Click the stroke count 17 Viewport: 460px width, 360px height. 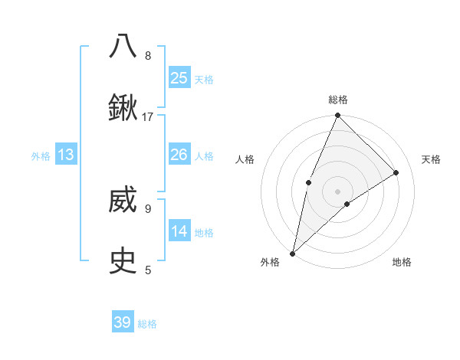point(148,116)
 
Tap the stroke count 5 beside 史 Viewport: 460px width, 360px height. point(148,270)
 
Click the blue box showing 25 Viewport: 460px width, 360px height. point(179,78)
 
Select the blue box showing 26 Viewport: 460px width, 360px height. point(179,155)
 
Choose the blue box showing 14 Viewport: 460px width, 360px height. point(179,231)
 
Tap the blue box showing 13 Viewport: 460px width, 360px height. point(66,155)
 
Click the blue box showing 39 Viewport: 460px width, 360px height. point(123,322)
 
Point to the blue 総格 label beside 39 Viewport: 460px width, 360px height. point(147,324)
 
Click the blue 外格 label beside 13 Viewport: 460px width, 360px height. point(41,156)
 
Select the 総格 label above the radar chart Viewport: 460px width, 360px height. point(338,100)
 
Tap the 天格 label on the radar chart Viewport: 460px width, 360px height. point(432,159)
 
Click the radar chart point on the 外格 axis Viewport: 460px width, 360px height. point(292,254)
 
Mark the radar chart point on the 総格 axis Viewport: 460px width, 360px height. point(338,116)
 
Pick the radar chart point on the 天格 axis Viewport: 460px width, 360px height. point(396,172)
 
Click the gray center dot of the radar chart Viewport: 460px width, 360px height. point(338,191)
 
